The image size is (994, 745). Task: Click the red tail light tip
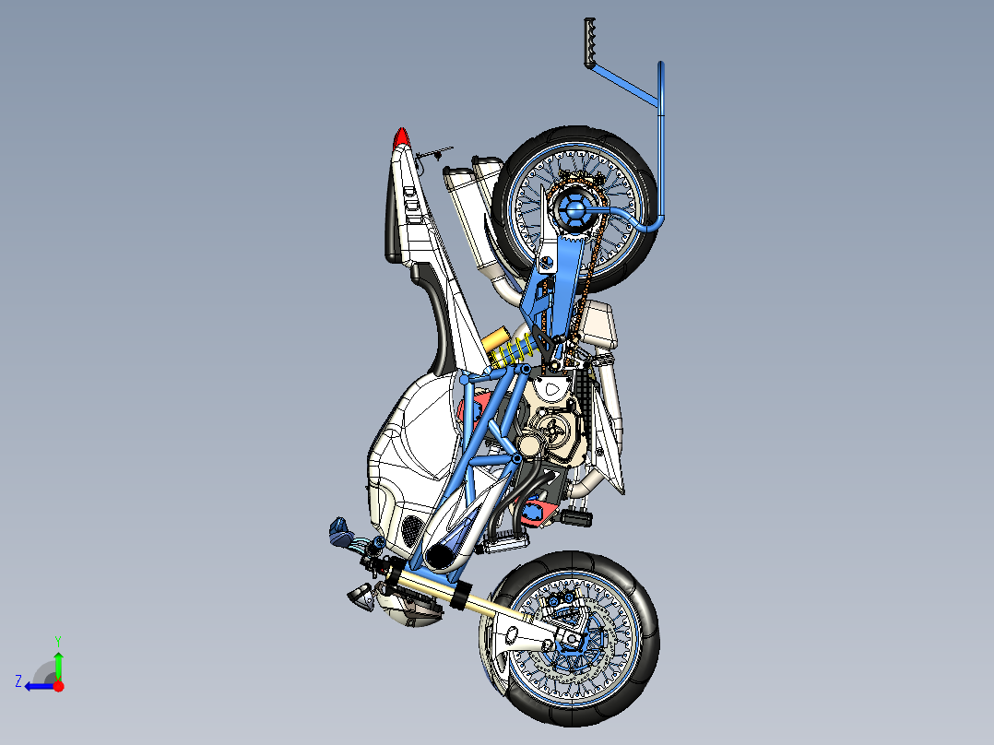(400, 137)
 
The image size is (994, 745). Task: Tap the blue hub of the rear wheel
(573, 211)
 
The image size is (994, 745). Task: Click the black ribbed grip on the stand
(589, 41)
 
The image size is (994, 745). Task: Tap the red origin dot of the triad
(58, 686)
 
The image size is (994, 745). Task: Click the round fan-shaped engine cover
(554, 432)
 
